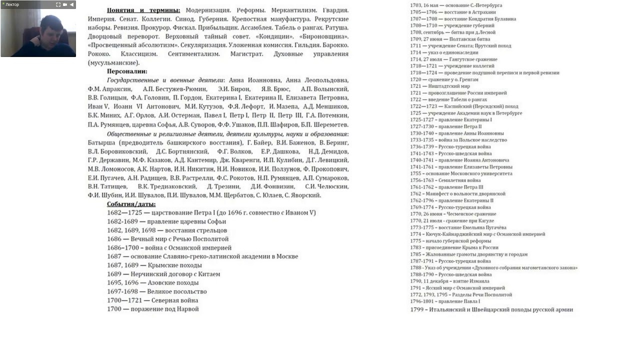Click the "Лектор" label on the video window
12,4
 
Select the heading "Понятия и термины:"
143,10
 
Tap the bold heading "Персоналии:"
127,71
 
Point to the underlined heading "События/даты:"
131,204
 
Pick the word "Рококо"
99,54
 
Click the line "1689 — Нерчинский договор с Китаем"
163,274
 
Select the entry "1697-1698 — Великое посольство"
156,291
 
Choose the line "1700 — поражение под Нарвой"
152,309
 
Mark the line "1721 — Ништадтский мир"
440,86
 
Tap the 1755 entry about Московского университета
461,173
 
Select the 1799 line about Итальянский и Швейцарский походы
491,309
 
